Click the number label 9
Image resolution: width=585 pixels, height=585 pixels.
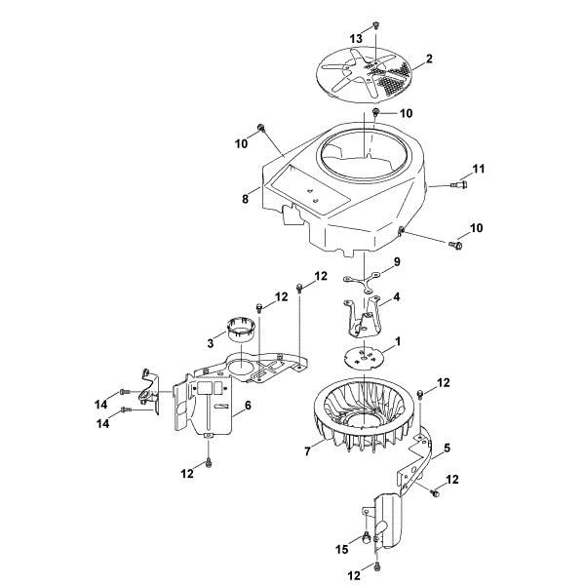(x=397, y=262)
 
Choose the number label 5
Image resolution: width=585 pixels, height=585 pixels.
(x=446, y=450)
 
